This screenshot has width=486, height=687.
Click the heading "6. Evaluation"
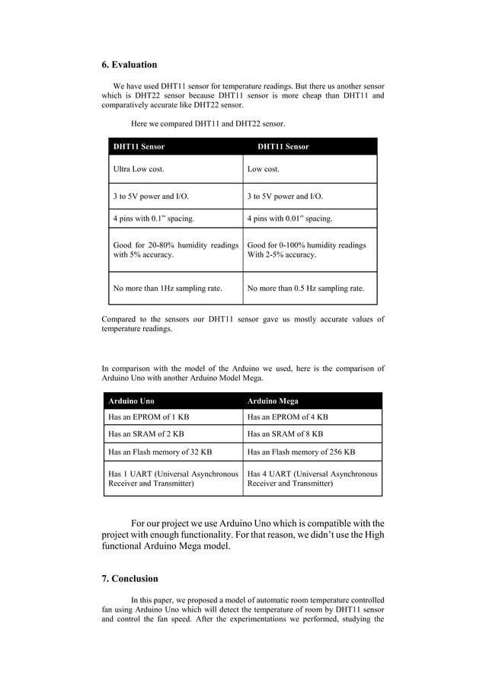pyautogui.click(x=129, y=64)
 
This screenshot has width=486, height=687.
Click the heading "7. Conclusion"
pyautogui.click(x=130, y=578)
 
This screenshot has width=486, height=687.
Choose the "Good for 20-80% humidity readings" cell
pyautogui.click(x=175, y=250)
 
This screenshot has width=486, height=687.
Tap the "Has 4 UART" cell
pyautogui.click(x=312, y=478)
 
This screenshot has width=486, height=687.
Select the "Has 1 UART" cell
pyautogui.click(x=174, y=478)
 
